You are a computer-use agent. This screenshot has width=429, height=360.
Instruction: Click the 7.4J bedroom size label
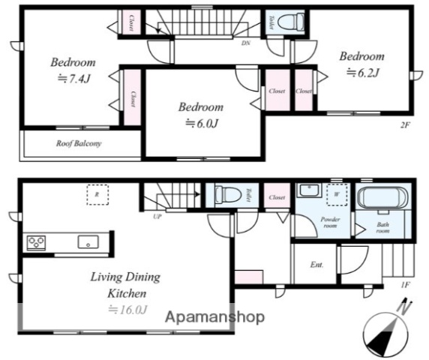coord(73,79)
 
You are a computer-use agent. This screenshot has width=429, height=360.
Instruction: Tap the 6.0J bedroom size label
coord(202,123)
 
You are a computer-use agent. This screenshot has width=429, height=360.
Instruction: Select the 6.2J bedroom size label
coord(363,73)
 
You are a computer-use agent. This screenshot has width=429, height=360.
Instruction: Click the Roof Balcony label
coord(79,143)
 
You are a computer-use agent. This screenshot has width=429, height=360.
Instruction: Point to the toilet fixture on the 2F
coord(291,22)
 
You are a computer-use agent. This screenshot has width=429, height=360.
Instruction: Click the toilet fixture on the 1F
coord(228,195)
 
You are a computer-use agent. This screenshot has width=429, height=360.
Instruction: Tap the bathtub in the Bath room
coord(383,197)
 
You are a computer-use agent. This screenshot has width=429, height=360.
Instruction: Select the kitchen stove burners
coord(36,243)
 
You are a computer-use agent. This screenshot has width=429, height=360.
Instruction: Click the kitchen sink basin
coord(88,241)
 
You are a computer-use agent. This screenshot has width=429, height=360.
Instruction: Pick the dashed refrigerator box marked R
coord(97,195)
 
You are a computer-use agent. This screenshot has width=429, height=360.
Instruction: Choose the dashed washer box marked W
coord(337,194)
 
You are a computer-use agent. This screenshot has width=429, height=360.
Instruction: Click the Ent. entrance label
coord(316,265)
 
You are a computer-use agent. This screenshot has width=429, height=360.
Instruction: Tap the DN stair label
coord(246,43)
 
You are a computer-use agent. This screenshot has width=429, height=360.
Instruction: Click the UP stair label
coord(157,217)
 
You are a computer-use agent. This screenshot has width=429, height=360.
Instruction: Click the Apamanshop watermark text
coord(214,317)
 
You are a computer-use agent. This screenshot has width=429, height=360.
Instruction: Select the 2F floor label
coord(405,125)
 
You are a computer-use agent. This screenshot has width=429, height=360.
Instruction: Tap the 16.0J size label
coord(128,310)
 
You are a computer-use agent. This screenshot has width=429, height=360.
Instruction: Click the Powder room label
coord(330,223)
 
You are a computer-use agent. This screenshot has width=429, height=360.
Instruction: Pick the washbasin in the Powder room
coord(310,190)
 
